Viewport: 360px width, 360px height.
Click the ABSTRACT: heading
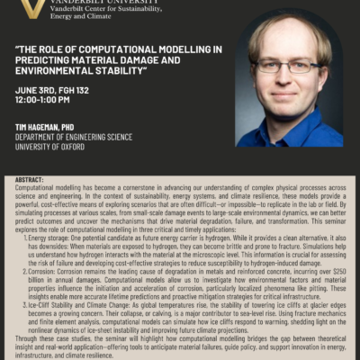pyautogui.click(x=30, y=180)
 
